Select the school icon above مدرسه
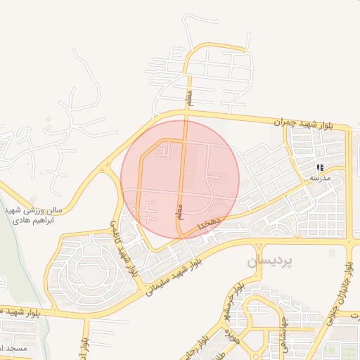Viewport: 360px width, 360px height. pyautogui.click(x=320, y=167)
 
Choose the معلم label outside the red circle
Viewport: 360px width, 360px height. pyautogui.click(x=188, y=98)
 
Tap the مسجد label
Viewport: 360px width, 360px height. pyautogui.click(x=14, y=349)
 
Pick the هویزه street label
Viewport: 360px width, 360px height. pyautogui.click(x=233, y=337)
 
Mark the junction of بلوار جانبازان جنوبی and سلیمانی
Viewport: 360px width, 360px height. pyautogui.click(x=349, y=243)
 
